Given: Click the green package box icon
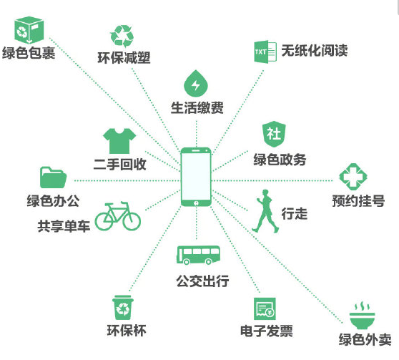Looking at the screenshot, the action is [x=29, y=30].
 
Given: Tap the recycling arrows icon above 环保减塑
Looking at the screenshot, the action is [x=122, y=36].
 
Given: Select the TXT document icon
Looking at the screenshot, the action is [x=265, y=52].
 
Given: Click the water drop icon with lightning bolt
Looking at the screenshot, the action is [x=196, y=84].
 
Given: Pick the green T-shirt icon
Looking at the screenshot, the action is [x=119, y=141].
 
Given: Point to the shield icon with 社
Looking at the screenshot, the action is [x=274, y=134].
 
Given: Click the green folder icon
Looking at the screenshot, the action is [x=53, y=177].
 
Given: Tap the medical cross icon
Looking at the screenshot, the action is [x=353, y=177].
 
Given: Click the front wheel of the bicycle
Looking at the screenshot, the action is [x=131, y=221].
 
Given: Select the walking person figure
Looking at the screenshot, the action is [x=265, y=211].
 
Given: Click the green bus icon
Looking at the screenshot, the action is [x=198, y=255].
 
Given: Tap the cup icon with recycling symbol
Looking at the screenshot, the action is [x=123, y=308].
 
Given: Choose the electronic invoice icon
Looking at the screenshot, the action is [x=265, y=308].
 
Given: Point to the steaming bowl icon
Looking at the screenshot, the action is [x=362, y=316].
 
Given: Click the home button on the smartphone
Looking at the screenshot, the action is [x=196, y=203].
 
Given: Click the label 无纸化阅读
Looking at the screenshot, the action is [x=315, y=50].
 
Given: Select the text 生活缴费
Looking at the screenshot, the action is [x=197, y=108].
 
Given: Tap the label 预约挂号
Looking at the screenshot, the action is [x=358, y=201].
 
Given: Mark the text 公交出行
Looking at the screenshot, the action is [x=202, y=281].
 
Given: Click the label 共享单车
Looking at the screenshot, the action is [x=64, y=226].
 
